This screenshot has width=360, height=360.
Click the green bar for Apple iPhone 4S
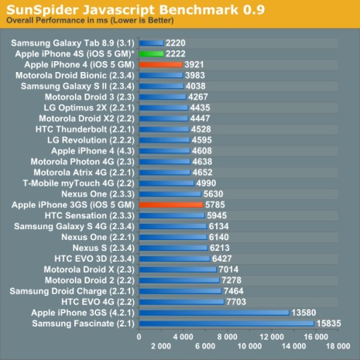[x=151, y=54]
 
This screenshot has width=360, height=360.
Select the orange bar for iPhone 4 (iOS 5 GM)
[x=160, y=65]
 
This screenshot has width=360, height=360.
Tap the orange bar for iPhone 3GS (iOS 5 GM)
[x=170, y=204]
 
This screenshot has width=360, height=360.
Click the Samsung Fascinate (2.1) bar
[x=225, y=323]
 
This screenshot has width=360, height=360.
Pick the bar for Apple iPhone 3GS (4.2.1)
[x=213, y=312]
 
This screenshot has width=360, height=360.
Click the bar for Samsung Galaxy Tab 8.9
[x=151, y=43]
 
